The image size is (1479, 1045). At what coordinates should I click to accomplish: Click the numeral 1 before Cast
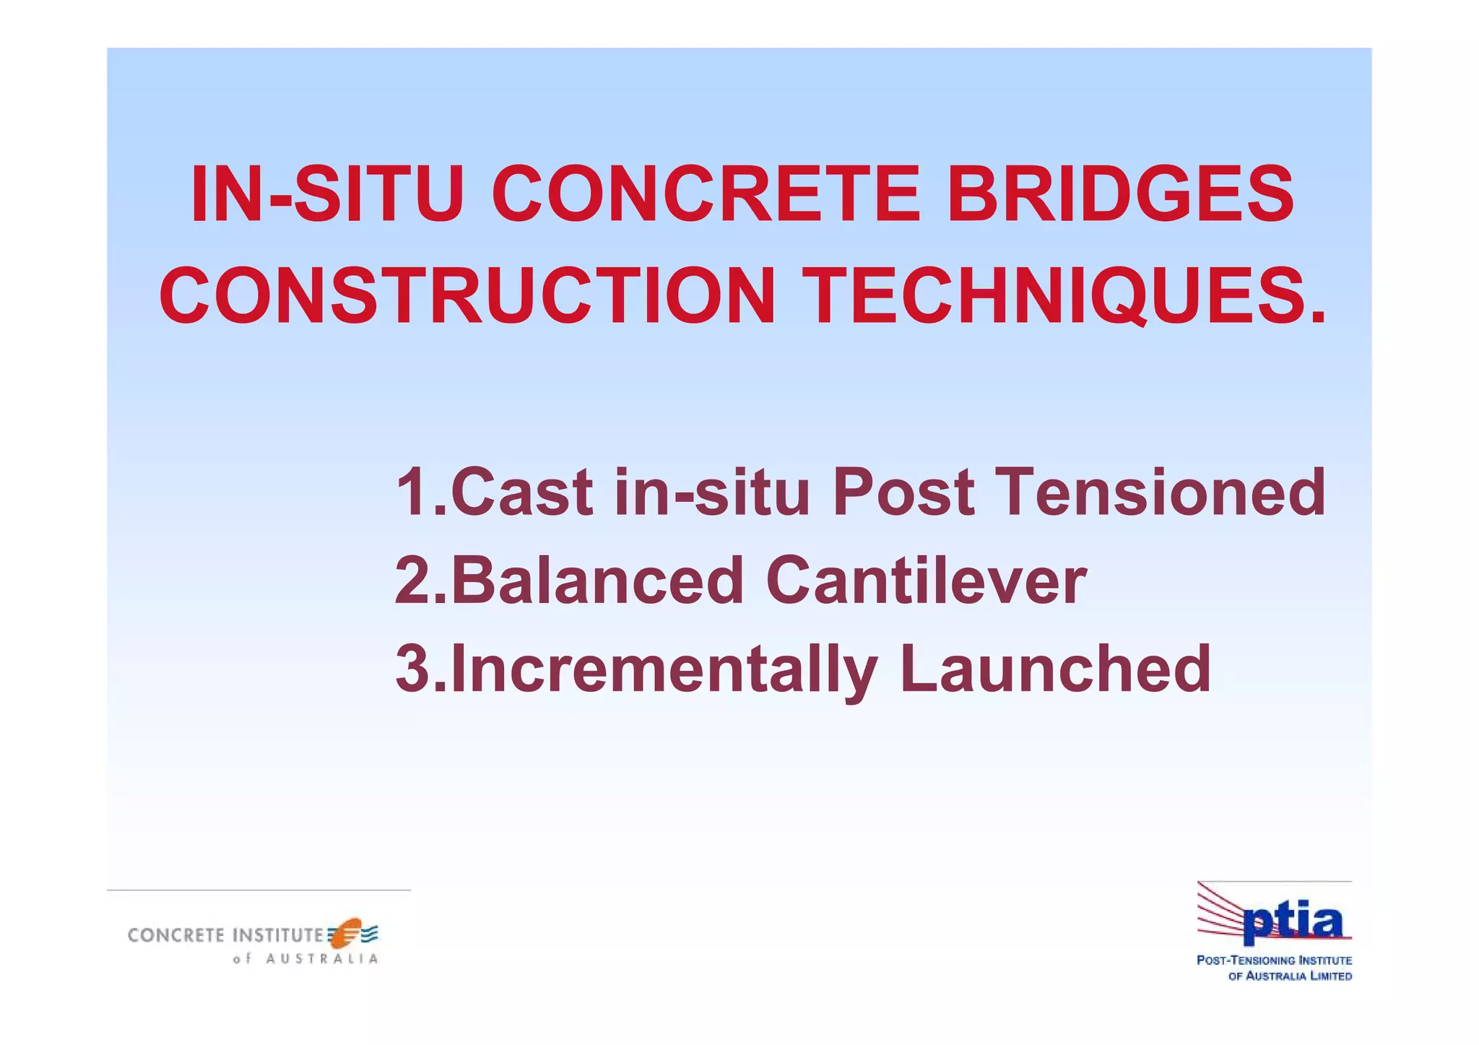[413, 493]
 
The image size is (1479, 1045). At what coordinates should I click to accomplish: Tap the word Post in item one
[903, 493]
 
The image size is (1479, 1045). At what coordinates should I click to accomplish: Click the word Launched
[1055, 669]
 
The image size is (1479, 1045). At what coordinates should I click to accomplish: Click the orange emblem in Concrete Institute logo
[347, 932]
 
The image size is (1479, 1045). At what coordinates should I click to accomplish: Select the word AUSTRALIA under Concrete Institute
[321, 959]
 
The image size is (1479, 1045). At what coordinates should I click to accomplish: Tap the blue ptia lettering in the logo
[1293, 924]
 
